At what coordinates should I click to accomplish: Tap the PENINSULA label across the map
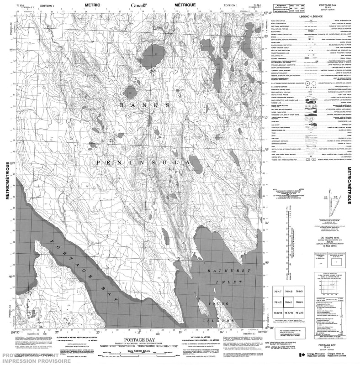pos(142,162)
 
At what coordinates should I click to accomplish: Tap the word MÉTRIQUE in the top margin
pos(184,4)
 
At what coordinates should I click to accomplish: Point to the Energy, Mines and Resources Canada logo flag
pos(302,355)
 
